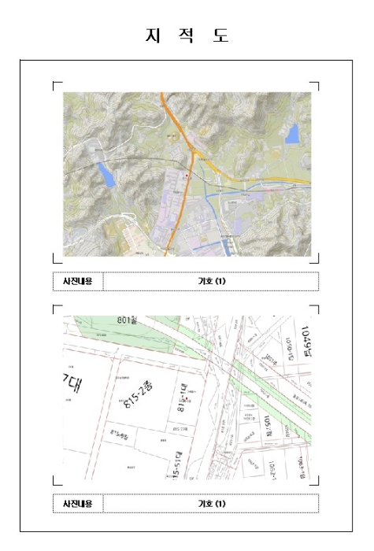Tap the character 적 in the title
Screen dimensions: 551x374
[x=187, y=35]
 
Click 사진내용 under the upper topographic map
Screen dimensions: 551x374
[x=78, y=281]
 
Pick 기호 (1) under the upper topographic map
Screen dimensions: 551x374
[x=212, y=281]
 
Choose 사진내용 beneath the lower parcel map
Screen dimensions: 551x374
[x=78, y=503]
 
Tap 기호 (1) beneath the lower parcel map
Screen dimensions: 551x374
[x=212, y=503]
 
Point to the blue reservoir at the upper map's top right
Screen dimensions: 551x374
[x=293, y=134]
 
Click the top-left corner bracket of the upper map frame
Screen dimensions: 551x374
[x=55, y=84]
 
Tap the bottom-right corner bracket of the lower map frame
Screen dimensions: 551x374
[x=316, y=483]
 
